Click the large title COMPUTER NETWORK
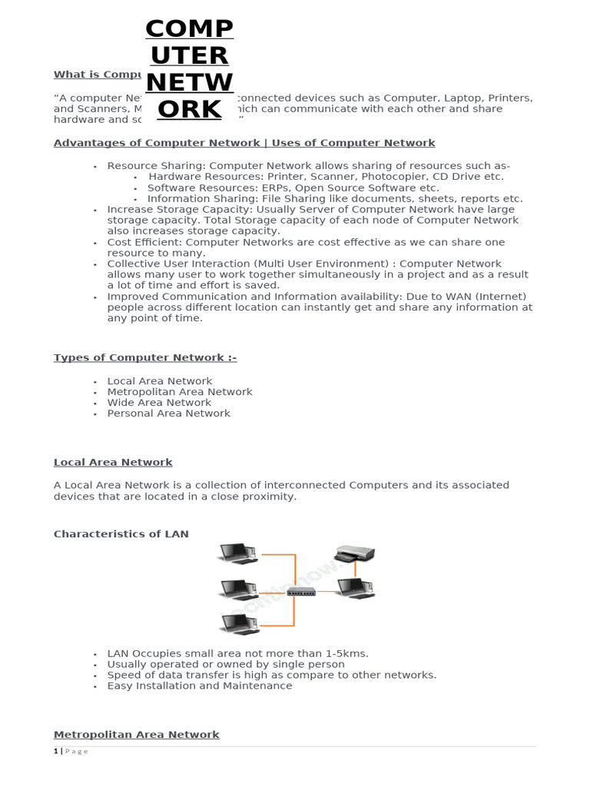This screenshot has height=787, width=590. point(189,69)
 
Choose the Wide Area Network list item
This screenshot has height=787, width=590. point(159,403)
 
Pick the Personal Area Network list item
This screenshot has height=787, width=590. point(168,413)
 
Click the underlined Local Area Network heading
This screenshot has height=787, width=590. point(113,463)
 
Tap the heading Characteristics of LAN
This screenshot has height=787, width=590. point(121,534)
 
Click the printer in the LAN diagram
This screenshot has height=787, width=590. point(354,553)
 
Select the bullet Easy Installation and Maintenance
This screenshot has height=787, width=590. point(200,686)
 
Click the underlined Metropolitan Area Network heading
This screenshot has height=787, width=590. point(136,735)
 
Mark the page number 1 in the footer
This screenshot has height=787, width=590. point(55,752)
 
